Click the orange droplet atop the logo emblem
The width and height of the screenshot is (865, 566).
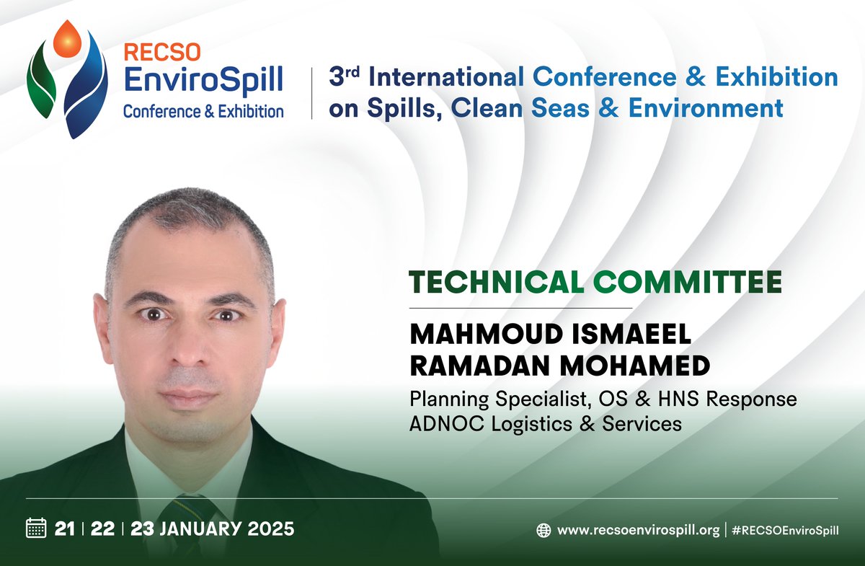tap(70, 38)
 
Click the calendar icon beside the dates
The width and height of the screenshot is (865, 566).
tap(36, 528)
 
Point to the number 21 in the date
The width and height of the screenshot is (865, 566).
tap(65, 529)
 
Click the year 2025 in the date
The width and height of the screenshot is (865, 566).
tap(267, 529)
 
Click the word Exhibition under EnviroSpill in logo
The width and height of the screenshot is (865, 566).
tap(249, 112)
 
